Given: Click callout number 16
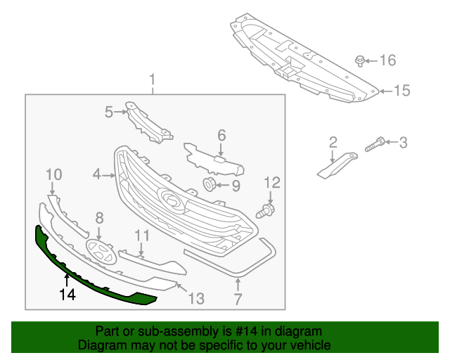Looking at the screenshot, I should tap(388, 60).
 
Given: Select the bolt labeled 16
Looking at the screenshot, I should tap(360, 60).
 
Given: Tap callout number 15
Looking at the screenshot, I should tap(401, 91).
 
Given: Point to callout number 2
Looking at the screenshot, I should tap(333, 143).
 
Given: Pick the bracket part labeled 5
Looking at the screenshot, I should tap(149, 124).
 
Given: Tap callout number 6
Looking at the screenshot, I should tap(221, 134).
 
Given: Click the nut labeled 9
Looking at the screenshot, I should tap(209, 186).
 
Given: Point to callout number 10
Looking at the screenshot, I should tap(54, 174).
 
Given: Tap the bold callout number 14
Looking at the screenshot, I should tap(68, 295).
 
